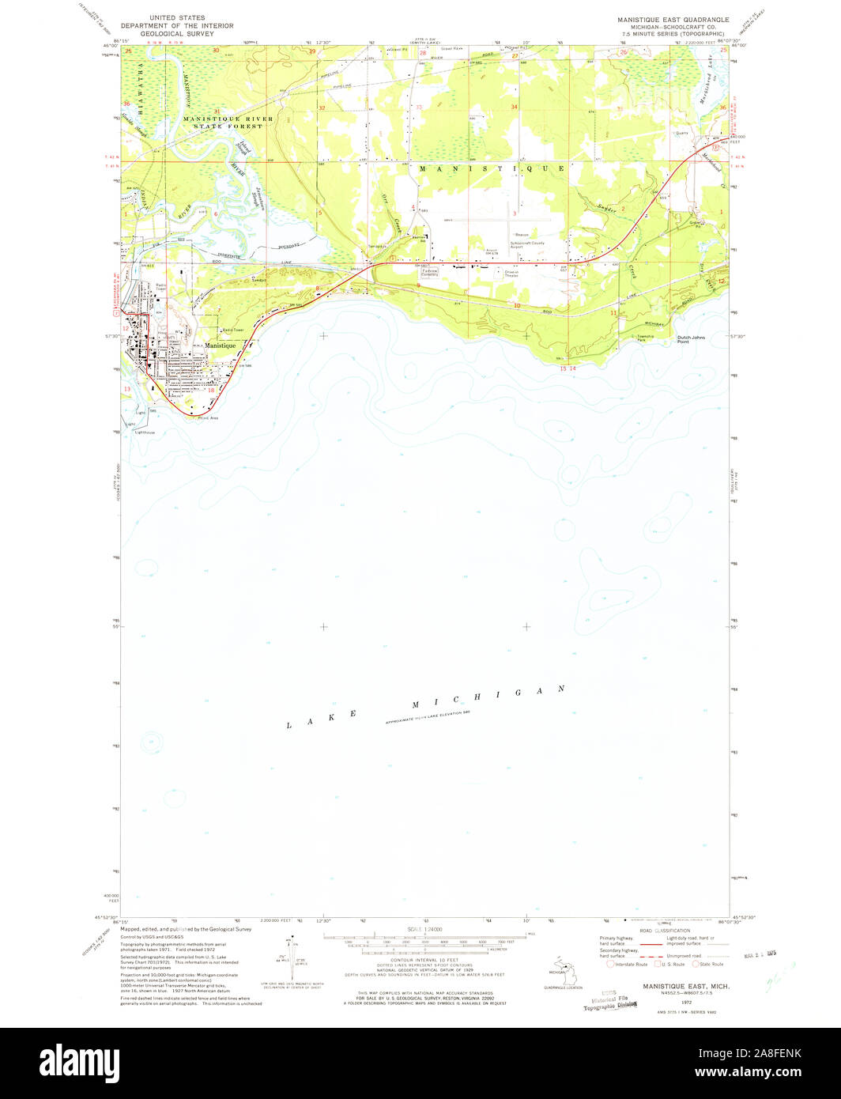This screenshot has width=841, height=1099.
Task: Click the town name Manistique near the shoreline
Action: tap(220, 346)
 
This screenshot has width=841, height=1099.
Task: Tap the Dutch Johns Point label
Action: tap(689, 339)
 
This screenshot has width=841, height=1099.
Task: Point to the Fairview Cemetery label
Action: tap(430, 271)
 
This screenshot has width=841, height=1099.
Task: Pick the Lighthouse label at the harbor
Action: tap(145, 432)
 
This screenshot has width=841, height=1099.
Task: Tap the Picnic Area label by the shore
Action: tap(208, 417)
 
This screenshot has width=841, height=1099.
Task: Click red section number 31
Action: tap(217, 111)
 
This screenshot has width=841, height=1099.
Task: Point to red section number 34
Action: tap(514, 107)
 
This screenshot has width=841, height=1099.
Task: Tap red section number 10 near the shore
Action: tap(516, 305)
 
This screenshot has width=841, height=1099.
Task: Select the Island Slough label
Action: tap(243, 154)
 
